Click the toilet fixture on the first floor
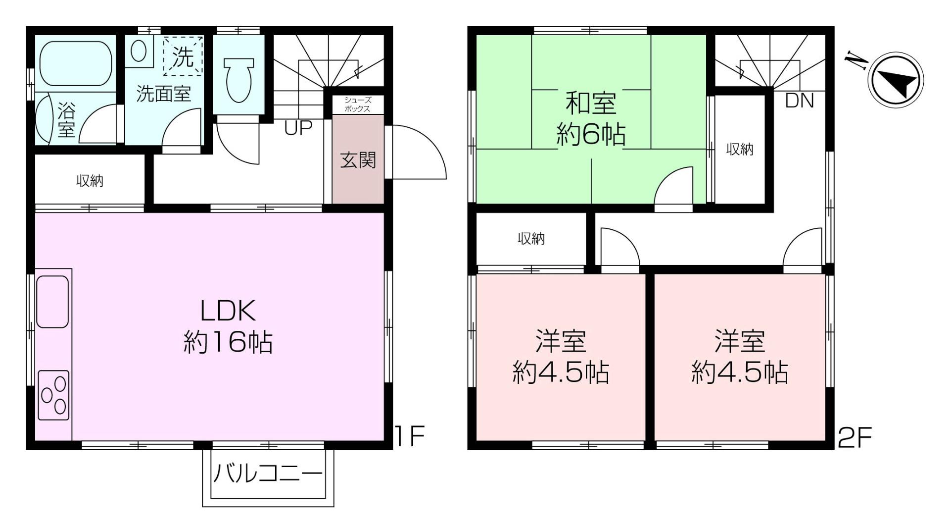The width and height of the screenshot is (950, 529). coord(239,79)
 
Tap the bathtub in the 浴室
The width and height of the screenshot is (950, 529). coord(75,63)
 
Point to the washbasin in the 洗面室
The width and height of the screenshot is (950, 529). coord(139,51)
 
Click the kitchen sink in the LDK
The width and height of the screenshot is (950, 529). coord(52,301)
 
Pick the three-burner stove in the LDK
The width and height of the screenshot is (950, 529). coord(53,395)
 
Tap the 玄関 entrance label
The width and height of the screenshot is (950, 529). coord(358,160)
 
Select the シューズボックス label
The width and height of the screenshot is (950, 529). coord(357,105)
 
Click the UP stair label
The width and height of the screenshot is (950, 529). coord(298,128)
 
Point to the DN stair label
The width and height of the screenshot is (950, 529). coord(799,101)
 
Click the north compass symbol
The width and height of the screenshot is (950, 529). coord(897,80)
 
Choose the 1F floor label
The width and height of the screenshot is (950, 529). coord(410,436)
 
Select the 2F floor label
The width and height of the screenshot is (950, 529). coord(855,437)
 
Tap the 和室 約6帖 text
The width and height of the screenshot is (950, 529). coord(591,119)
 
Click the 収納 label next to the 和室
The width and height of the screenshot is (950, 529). coord(740,149)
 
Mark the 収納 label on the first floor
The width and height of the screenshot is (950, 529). coord(90,181)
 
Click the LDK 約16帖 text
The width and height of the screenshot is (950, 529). coord(228,326)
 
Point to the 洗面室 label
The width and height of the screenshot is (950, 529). coord(163,93)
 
